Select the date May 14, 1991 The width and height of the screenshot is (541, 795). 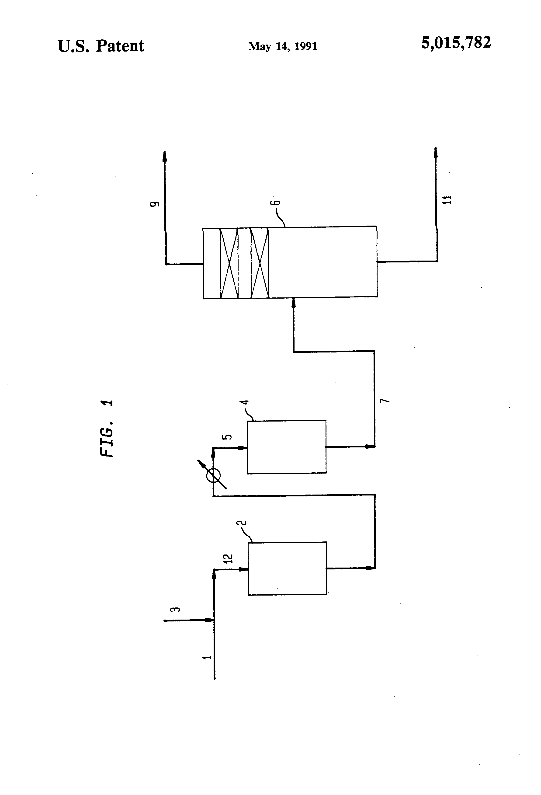click(x=282, y=46)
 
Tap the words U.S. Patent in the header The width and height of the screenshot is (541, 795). click(x=101, y=46)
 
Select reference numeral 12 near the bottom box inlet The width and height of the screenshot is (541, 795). click(x=228, y=559)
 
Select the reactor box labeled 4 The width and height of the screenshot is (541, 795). click(x=287, y=447)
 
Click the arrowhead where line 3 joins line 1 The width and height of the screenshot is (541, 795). click(x=209, y=620)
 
